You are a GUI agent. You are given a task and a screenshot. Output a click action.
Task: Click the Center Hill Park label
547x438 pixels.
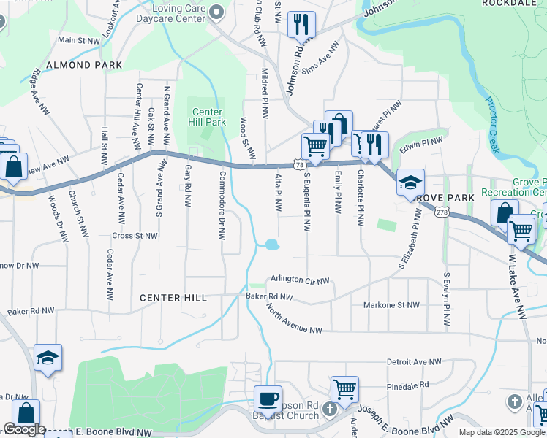(208, 117)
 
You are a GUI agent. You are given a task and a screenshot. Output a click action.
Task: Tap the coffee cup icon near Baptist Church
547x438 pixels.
(268, 399)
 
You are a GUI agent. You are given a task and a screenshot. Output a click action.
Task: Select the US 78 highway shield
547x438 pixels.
(301, 166)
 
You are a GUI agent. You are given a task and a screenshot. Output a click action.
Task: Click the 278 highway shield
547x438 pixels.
(441, 212)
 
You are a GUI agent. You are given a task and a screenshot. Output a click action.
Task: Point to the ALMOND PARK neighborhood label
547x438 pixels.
(83, 65)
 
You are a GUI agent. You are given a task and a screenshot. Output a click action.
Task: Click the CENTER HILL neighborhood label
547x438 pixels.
(174, 298)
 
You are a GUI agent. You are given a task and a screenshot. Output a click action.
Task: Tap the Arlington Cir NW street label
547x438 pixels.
(300, 280)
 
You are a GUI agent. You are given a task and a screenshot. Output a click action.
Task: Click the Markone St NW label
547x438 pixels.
(392, 304)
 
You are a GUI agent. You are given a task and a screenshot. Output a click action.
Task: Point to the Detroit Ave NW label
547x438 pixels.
(414, 361)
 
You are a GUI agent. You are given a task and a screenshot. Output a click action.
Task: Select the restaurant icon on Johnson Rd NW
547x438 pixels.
(301, 25)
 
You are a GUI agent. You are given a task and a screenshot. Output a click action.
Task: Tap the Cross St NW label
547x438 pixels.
(135, 236)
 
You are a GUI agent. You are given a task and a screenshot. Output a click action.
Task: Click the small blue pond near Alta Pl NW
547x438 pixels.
(271, 245)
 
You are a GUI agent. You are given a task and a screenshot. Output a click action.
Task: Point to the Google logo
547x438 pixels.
(24, 429)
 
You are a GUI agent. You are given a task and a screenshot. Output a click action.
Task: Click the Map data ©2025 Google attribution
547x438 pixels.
(501, 432)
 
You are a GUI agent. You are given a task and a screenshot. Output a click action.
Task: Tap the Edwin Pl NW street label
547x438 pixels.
(422, 142)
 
